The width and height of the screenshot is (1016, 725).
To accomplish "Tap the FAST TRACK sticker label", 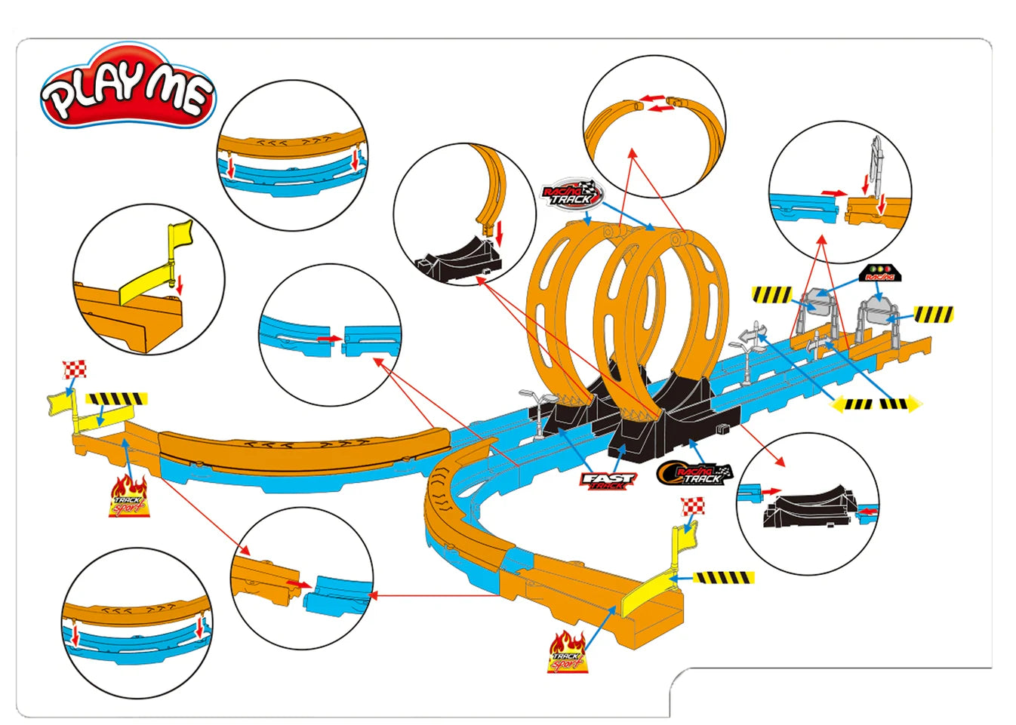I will click(x=608, y=480).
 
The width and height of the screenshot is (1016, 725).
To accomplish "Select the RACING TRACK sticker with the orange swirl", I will click(x=694, y=473).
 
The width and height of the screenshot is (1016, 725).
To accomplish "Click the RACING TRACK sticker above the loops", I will click(x=572, y=194).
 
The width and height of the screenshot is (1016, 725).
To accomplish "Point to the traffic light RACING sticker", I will click(x=879, y=273).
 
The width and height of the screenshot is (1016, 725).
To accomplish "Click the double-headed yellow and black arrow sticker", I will click(x=876, y=404).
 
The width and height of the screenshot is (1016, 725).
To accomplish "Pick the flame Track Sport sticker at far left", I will click(x=129, y=497).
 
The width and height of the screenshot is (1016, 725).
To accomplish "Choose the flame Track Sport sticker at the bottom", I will click(x=567, y=653).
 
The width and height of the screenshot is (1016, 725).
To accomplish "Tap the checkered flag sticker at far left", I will click(x=75, y=369).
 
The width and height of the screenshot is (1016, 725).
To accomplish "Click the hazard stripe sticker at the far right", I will click(x=933, y=312).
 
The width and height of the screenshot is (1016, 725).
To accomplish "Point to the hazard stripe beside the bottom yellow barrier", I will click(x=724, y=578).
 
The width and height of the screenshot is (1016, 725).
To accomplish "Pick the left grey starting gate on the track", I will click(x=814, y=305).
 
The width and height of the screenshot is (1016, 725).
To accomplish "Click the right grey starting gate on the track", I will click(x=876, y=309).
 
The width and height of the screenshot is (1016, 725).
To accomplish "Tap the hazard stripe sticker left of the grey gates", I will click(x=771, y=293).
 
